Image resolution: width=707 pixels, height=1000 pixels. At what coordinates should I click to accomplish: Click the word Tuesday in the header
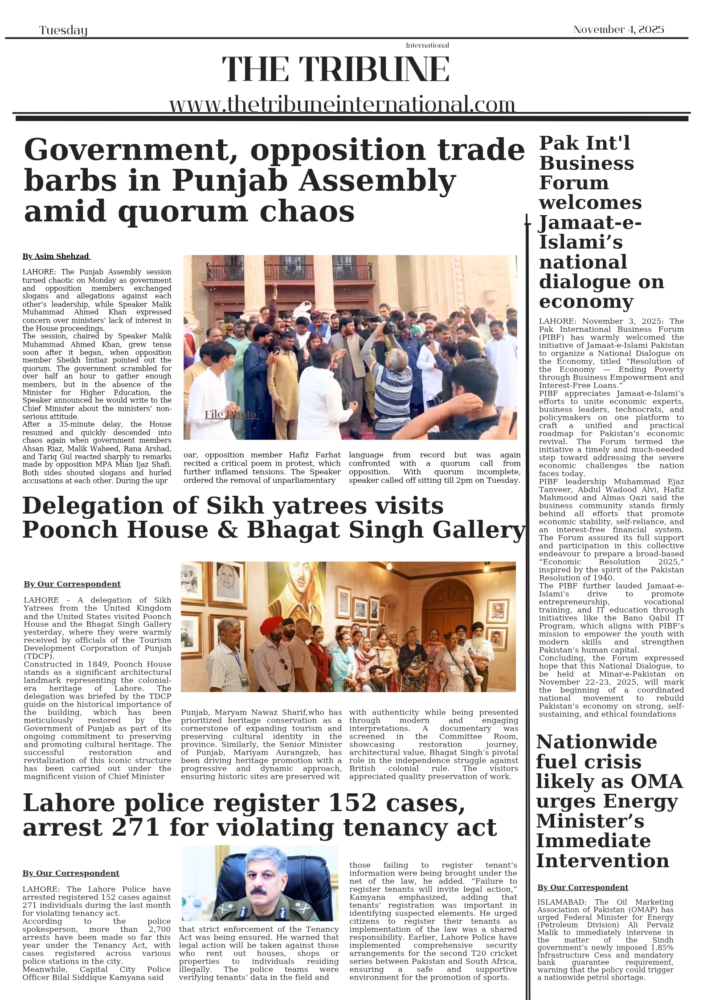(x=63, y=30)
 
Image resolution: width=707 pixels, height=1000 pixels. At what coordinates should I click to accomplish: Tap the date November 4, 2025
(x=618, y=29)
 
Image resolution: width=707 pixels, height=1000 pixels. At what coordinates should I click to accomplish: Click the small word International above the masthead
(x=427, y=45)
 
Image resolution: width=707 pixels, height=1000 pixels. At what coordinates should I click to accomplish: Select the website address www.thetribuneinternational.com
(x=342, y=105)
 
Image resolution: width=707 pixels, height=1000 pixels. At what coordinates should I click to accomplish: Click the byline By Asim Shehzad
(x=56, y=257)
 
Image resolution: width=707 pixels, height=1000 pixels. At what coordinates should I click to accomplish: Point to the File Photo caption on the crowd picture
(x=231, y=415)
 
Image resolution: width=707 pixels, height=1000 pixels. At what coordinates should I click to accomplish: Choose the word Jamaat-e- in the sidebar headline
(x=590, y=222)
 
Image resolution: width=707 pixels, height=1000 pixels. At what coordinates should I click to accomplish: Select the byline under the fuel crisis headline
(x=582, y=887)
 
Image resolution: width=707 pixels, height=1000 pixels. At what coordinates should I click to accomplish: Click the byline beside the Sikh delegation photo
(x=72, y=584)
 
